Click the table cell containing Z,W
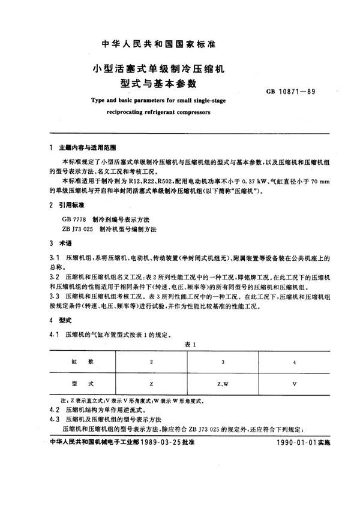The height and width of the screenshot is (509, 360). pyautogui.click(x=223, y=382)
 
